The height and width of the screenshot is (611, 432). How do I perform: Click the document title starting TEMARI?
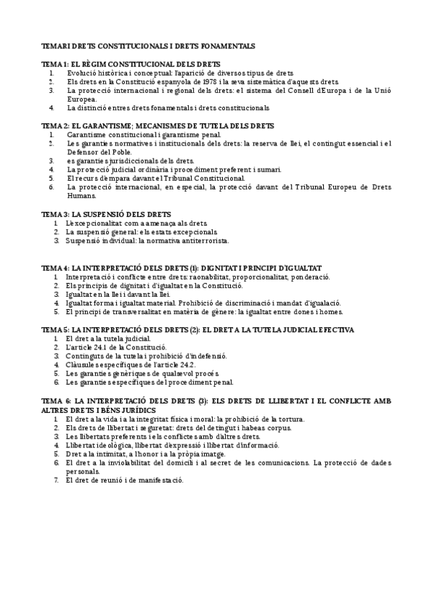pyautogui.click(x=148, y=45)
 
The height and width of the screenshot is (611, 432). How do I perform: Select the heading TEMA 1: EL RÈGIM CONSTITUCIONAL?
pyautogui.click(x=131, y=64)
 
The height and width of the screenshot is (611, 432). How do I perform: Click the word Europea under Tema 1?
pyautogui.click(x=81, y=99)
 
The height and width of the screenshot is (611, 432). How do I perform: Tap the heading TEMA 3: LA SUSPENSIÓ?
pyautogui.click(x=106, y=215)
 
